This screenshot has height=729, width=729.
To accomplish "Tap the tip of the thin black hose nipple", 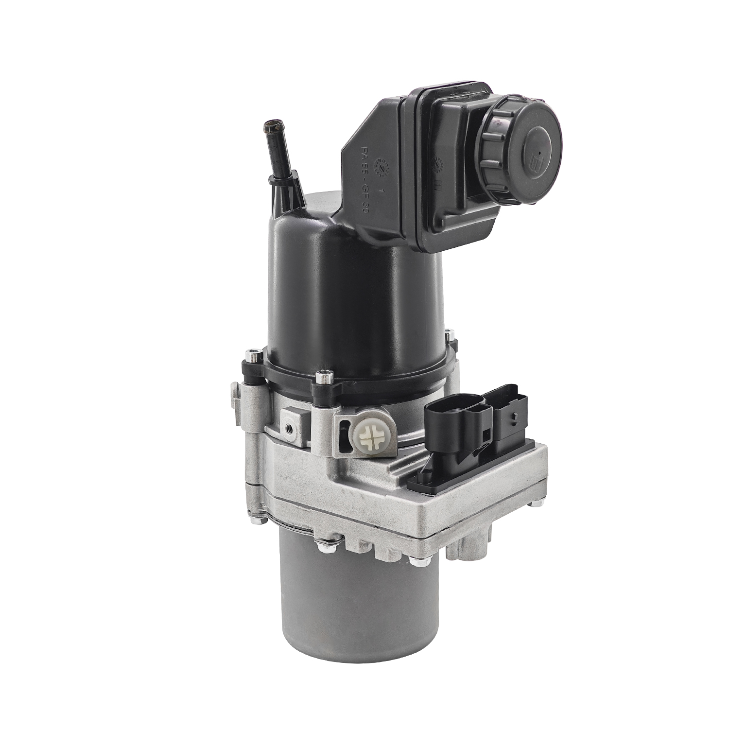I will tap(268, 128).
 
